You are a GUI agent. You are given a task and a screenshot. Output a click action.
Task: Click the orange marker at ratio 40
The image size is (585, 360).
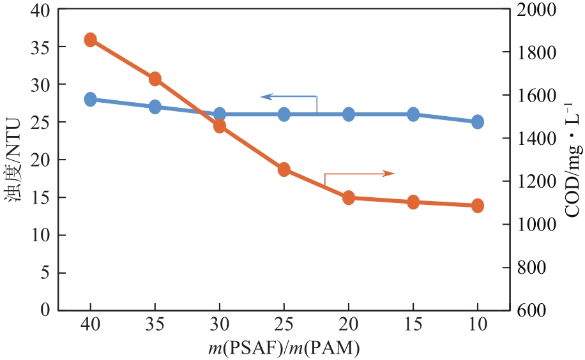point(90,40)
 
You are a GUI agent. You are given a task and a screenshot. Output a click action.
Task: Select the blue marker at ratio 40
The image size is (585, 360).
point(90,100)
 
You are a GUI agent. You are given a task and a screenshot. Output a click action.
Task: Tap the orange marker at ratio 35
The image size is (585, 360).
point(155,79)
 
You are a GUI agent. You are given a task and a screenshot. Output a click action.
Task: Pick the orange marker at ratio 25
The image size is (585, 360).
point(284,169)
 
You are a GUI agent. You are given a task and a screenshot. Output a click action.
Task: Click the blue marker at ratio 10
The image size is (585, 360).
point(478,122)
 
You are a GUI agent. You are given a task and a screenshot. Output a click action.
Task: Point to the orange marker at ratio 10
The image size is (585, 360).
point(478,206)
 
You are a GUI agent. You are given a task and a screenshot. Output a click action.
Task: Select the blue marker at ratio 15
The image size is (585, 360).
point(413,114)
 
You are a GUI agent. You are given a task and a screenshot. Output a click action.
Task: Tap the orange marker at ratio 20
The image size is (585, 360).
point(349,198)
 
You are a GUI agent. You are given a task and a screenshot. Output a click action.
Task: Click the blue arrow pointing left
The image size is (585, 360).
point(267,97)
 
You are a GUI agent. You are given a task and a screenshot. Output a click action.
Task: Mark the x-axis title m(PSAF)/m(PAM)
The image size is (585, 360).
point(284,349)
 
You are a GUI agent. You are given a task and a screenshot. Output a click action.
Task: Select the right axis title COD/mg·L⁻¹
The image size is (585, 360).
point(571,160)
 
